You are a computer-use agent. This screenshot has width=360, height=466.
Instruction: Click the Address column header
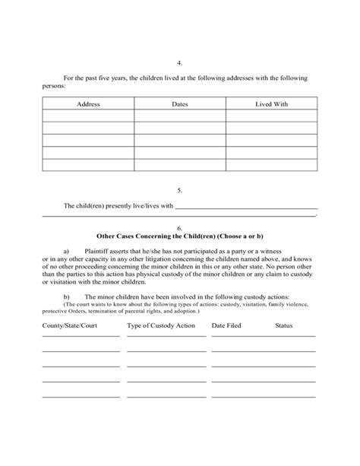click(x=89, y=103)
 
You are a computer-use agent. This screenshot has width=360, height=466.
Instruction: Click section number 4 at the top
click(x=179, y=64)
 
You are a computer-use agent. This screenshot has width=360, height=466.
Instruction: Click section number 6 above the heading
click(x=179, y=227)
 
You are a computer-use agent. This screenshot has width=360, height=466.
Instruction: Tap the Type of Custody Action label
click(x=161, y=325)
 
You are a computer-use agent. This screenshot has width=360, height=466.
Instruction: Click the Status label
click(x=284, y=325)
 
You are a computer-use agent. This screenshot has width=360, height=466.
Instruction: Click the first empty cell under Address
click(x=89, y=116)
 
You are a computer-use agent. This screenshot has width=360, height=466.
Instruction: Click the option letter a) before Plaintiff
click(x=67, y=249)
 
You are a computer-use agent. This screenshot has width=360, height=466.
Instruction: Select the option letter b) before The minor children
click(x=67, y=296)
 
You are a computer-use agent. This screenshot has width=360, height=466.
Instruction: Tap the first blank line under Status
click(x=284, y=335)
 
